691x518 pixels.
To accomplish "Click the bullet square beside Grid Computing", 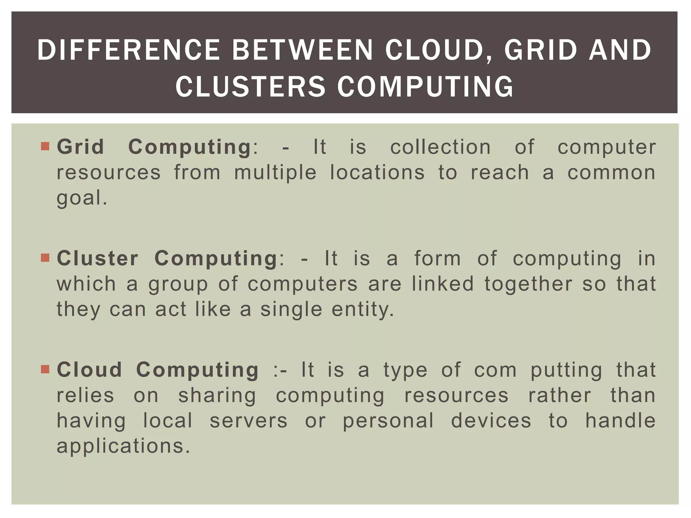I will pos(45,146).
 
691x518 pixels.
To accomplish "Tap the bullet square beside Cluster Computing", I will pos(45,258).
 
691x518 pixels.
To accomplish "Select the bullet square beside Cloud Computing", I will pos(45,369).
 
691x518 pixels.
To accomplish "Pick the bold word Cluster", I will pos(98,258).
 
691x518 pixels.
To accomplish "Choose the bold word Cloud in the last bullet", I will pos(89,370).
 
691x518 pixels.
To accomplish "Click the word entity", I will pos(362,309).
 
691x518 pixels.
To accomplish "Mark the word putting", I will pos(566,370).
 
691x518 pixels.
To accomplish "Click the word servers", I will pos(249,421).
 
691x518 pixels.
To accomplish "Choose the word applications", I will pos(123,446).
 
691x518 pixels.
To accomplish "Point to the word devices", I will pos(491,421).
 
